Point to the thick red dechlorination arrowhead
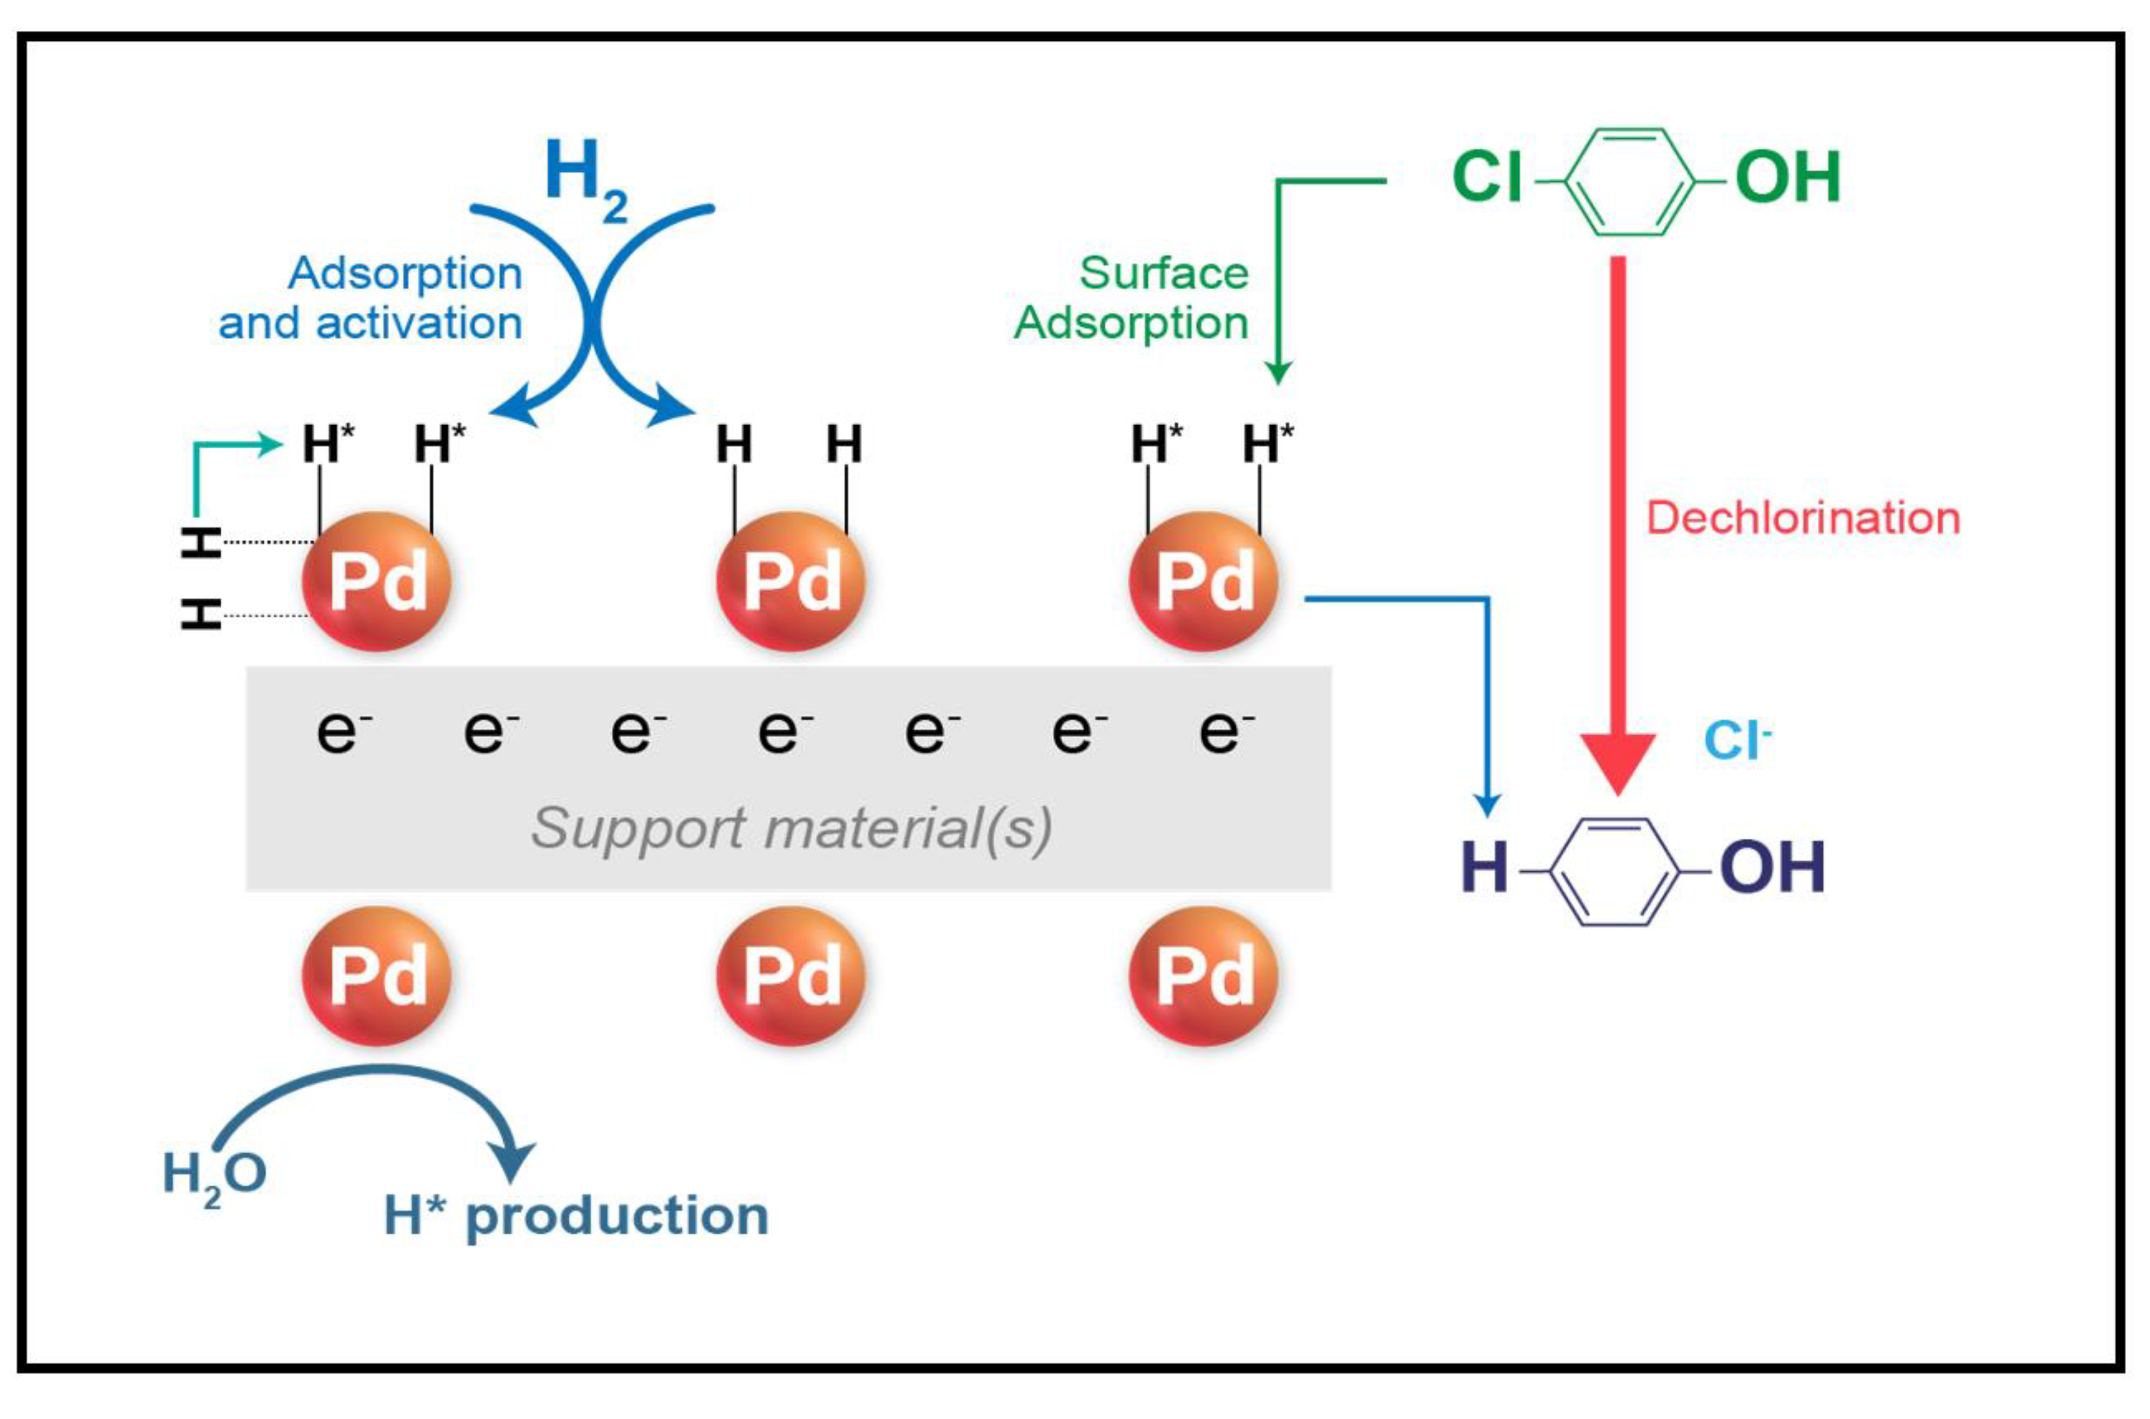1618,760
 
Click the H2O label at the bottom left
214,1174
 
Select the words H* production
575,1215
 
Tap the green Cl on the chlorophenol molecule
1487,176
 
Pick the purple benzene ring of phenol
1615,871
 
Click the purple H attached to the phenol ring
1484,867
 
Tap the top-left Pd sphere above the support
376,581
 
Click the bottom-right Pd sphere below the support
1203,976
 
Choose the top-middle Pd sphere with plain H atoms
790,581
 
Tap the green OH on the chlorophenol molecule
1787,176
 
